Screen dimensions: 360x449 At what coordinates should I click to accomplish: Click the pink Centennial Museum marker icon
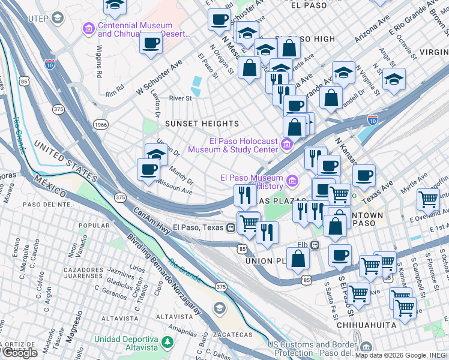tap(89, 29)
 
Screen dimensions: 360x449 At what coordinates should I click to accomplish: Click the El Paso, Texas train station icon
tap(231, 227)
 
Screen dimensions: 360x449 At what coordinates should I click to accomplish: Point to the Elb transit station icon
tap(315, 245)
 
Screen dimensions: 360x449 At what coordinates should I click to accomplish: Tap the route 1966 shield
tap(101, 124)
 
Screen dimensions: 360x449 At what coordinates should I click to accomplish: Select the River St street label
tap(180, 98)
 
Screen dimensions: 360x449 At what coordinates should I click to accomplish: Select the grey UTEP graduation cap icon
tap(57, 18)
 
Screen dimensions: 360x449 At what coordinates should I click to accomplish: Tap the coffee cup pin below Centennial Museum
tap(152, 44)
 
